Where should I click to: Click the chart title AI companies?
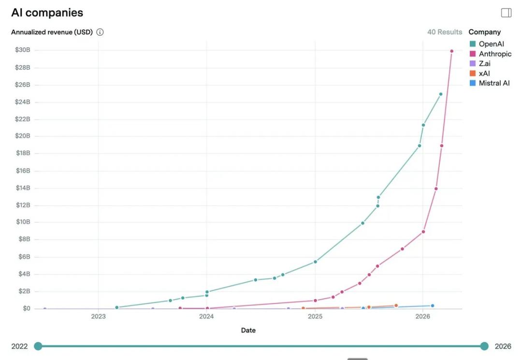(47, 13)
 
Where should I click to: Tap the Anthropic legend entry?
(494, 54)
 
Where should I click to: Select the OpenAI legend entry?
(491, 44)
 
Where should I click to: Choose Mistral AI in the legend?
(494, 83)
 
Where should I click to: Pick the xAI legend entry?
(484, 73)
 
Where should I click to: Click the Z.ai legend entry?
(484, 64)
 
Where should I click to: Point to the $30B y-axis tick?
(22, 50)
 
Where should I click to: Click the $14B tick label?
(22, 188)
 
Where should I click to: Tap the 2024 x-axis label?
(206, 317)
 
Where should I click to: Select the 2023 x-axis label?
(98, 317)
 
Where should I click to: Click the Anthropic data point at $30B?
(452, 51)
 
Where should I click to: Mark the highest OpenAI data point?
(441, 94)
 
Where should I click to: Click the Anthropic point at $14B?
(436, 188)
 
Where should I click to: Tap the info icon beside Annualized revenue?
(100, 32)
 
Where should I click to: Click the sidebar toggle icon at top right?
(506, 13)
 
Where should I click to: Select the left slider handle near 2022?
(38, 346)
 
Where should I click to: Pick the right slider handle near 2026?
(484, 346)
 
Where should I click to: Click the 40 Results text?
(445, 32)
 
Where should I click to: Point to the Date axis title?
(248, 331)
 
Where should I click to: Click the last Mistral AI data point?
(433, 305)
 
